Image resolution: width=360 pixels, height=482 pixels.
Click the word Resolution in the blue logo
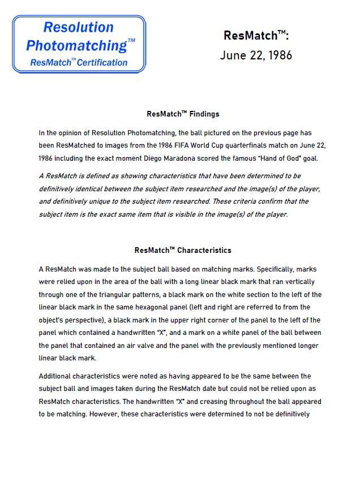point(78,27)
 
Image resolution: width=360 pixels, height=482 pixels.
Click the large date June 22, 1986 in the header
point(256,55)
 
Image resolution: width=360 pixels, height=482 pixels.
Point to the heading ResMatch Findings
point(183,114)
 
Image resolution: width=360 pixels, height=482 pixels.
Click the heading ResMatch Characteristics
point(183,250)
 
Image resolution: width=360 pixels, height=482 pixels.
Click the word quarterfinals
point(238,145)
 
